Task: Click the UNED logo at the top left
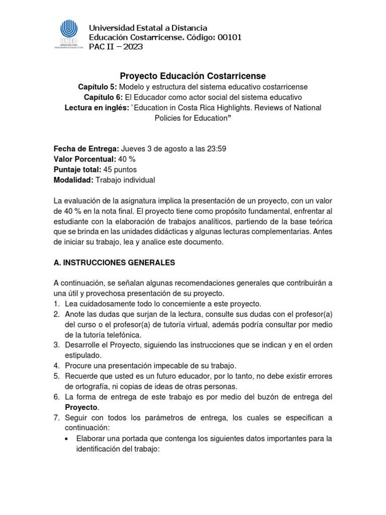tap(68, 35)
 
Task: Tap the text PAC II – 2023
tap(116, 47)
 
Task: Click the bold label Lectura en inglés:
tap(96, 108)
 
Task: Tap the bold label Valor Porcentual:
tap(84, 159)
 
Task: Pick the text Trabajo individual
tap(125, 180)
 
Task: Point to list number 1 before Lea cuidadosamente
tap(56, 304)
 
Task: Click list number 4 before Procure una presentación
tap(56, 366)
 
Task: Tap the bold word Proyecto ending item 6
tap(81, 407)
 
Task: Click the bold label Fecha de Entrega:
tap(86, 149)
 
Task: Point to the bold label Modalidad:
tap(73, 180)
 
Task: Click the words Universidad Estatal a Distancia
tap(148, 28)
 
